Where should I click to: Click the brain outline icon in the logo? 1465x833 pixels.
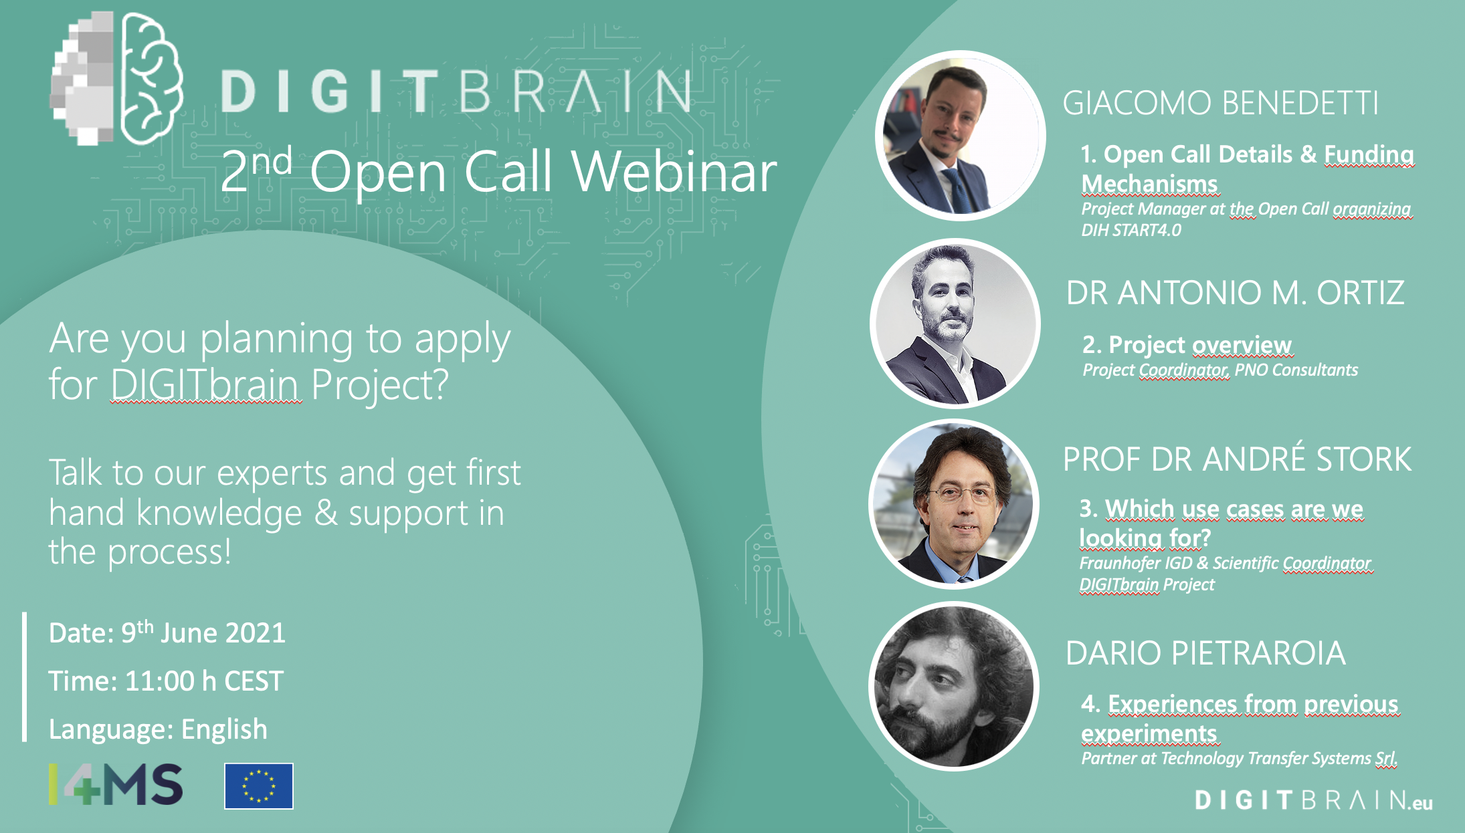151,79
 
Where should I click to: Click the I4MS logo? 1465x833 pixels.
115,784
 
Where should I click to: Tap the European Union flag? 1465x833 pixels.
258,786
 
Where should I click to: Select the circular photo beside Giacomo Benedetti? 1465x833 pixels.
960,136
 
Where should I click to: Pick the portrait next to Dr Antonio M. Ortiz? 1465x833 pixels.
955,324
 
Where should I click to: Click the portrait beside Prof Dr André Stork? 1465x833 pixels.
954,504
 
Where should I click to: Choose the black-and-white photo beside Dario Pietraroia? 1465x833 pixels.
954,687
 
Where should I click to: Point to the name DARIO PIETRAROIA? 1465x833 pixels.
1205,653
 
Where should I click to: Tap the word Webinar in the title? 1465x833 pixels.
674,172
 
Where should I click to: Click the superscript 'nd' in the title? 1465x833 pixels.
272,160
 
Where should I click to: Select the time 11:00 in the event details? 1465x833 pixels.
159,681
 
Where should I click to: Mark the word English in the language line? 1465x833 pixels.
224,729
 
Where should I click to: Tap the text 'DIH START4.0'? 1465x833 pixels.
1131,231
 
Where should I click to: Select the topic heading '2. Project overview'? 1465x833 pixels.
1186,345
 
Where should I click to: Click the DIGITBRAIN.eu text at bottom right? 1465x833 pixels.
1313,800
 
